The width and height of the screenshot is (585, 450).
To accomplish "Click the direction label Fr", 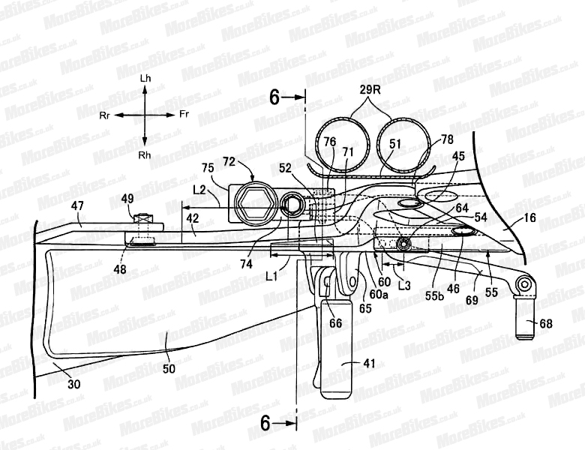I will [184, 115].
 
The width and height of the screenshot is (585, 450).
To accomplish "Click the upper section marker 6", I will [275, 97].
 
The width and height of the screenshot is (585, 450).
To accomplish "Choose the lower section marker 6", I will [275, 424].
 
